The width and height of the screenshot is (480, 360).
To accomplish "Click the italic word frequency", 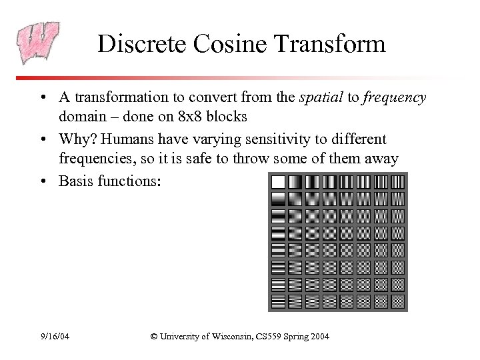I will (395, 97).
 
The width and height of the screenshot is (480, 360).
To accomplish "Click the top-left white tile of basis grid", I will (277, 182).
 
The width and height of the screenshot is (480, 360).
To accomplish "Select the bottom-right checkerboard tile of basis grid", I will (397, 302).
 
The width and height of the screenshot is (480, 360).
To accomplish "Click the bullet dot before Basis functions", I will (43, 180).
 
